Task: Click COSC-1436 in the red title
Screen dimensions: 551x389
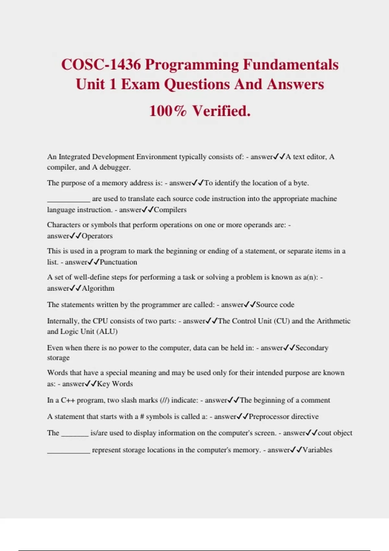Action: point(101,64)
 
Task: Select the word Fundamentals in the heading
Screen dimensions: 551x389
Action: point(290,64)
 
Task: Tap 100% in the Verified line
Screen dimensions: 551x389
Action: point(168,111)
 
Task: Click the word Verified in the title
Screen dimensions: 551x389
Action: point(222,111)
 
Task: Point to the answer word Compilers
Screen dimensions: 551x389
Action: point(170,210)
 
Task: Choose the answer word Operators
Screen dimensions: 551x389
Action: point(97,236)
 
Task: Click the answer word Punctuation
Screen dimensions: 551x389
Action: point(118,262)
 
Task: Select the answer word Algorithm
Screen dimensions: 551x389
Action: point(98,288)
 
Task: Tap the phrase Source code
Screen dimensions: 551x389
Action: point(275,305)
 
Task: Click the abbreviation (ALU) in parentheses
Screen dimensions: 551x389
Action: point(107,332)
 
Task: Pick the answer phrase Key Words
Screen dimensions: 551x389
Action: point(115,384)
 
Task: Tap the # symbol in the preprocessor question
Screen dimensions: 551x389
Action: point(142,416)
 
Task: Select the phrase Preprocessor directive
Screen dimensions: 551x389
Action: point(284,416)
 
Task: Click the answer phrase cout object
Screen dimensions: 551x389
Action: point(335,433)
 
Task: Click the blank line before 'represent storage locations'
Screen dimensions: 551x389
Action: point(68,452)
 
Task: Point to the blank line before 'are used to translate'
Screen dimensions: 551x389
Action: point(68,201)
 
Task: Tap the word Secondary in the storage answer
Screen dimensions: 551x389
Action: point(312,348)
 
